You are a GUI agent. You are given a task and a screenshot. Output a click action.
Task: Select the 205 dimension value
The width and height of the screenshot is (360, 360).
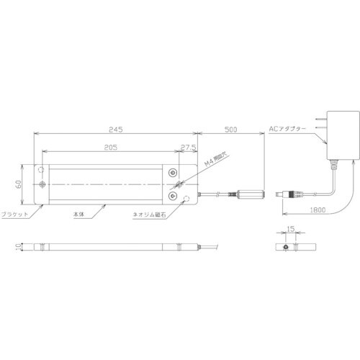coord(109,148)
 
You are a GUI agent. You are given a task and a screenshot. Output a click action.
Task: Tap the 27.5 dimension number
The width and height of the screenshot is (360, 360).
coord(189,148)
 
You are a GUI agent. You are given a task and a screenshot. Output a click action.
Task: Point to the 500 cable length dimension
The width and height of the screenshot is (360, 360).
coord(231,130)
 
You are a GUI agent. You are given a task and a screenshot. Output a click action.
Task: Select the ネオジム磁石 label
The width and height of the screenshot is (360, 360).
coord(149,215)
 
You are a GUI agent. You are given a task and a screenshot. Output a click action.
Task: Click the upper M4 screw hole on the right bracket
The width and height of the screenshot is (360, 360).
coord(175,172)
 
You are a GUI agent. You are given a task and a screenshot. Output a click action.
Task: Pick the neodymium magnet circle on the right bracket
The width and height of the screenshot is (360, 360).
coord(189,198)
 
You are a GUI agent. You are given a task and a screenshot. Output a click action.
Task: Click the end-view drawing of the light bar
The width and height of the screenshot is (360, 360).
coord(290,246)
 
